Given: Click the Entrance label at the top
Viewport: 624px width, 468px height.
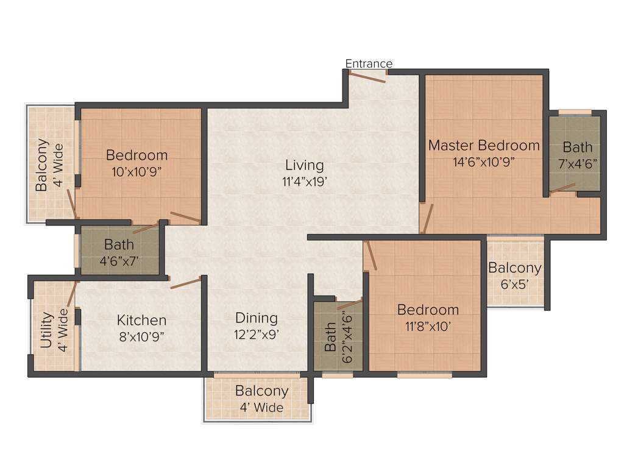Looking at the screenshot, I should pos(369,63).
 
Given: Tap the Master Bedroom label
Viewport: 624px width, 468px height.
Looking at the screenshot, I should pos(484,146).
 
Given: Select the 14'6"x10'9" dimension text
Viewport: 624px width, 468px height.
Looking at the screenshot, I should pos(484,163).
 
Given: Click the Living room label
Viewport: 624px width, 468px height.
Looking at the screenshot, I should pos(305,165).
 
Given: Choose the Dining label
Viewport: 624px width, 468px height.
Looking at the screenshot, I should pos(257,318).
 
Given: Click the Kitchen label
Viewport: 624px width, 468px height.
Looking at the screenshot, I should pos(141,321).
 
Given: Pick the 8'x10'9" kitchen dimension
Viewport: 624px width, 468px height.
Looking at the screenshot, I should pos(141,336).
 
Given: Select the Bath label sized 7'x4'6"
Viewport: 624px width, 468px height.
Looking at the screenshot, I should pos(577,147).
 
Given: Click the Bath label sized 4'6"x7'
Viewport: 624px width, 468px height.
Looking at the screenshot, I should pos(119,245).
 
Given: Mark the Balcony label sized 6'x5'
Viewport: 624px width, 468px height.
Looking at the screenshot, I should pos(514,268).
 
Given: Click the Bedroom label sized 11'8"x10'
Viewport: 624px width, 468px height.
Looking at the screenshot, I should pos(428,310).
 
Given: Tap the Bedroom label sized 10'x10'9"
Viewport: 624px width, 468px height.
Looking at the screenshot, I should pos(136,155).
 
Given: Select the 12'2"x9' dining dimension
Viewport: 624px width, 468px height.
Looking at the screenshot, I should pos(257,334).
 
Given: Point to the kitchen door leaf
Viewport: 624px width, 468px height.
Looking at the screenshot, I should pos(186,283).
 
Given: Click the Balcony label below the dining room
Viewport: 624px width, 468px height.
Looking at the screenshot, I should pos(262,391).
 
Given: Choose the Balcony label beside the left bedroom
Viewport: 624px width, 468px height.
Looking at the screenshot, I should pos(41,165).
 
